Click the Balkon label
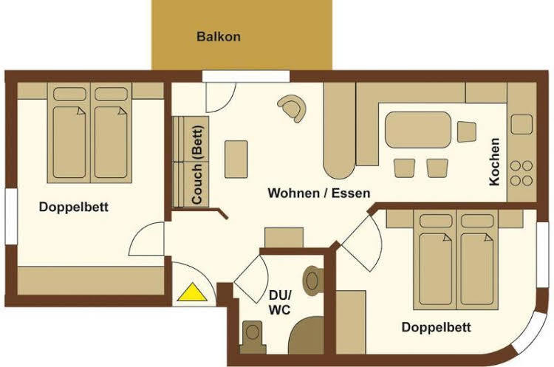pyautogui.click(x=219, y=36)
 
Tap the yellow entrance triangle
pyautogui.click(x=192, y=292)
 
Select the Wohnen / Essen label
pyautogui.click(x=319, y=193)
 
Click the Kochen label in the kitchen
pyautogui.click(x=494, y=162)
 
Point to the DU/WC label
pyautogui.click(x=279, y=302)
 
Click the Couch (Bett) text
pyautogui.click(x=197, y=165)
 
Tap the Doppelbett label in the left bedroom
pyautogui.click(x=73, y=207)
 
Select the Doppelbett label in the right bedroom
pyautogui.click(x=437, y=327)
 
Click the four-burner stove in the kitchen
pyautogui.click(x=521, y=173)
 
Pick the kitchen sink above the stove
pyautogui.click(x=521, y=124)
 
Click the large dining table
pyautogui.click(x=418, y=130)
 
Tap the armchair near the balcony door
pyautogui.click(x=293, y=108)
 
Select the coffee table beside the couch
pyautogui.click(x=236, y=159)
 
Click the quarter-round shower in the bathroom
pyautogui.click(x=306, y=335)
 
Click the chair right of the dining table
pyautogui.click(x=466, y=131)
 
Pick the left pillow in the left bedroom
pyautogui.click(x=69, y=95)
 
